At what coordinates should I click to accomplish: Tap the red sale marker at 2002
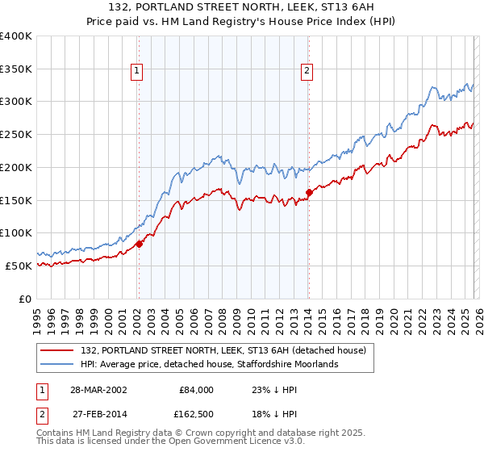coord(139,243)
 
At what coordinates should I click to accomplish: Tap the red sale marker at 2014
coord(309,192)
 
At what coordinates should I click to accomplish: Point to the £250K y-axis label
coord(16,135)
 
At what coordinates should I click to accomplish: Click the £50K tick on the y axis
coord(19,266)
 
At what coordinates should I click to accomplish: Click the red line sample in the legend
coord(57,350)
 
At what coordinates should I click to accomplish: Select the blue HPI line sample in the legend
coord(57,364)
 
